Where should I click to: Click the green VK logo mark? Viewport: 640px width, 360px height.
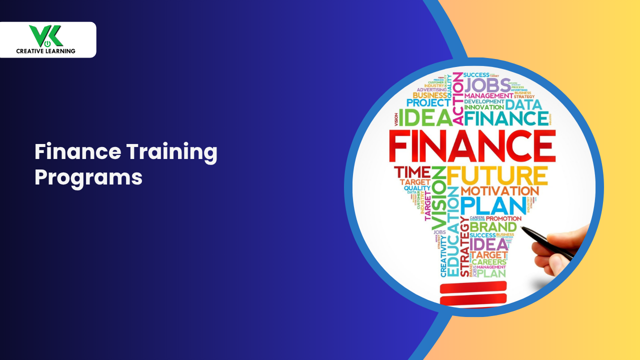[45, 36]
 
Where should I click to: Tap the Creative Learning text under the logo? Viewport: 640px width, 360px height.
[45, 50]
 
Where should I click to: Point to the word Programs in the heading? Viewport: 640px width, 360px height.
[88, 177]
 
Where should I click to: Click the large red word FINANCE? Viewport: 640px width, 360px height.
[472, 145]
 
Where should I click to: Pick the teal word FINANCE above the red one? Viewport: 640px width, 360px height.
[505, 118]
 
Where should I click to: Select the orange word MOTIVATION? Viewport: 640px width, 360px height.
[499, 191]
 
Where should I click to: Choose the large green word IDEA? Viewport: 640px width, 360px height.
[425, 118]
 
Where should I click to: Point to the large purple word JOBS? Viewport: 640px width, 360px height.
[487, 85]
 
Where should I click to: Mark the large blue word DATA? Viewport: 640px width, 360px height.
[522, 104]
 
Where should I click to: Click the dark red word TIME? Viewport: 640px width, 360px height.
[412, 172]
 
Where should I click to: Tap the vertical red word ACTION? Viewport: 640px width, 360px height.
[457, 100]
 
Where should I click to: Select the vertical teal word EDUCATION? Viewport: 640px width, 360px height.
[453, 232]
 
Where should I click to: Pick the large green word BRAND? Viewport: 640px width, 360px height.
[492, 227]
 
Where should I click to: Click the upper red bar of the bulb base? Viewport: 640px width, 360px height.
[473, 288]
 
